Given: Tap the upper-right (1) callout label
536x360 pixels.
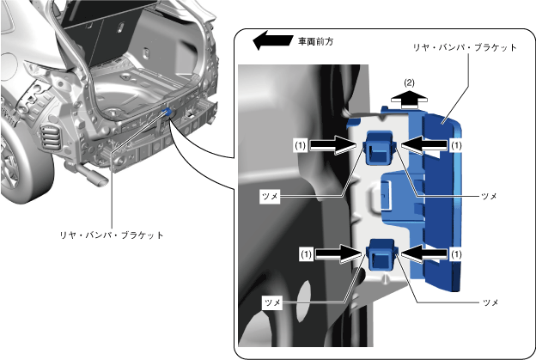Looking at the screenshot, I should coord(458,146).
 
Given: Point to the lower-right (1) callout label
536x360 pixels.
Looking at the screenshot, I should coord(458,253).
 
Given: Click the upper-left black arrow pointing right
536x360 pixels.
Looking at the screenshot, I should coord(334,146).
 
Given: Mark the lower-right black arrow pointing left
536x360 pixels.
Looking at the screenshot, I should coord(424,253).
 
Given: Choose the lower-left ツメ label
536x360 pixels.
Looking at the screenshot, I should coord(273,302).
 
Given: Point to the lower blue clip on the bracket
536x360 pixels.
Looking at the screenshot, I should coord(380,255).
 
